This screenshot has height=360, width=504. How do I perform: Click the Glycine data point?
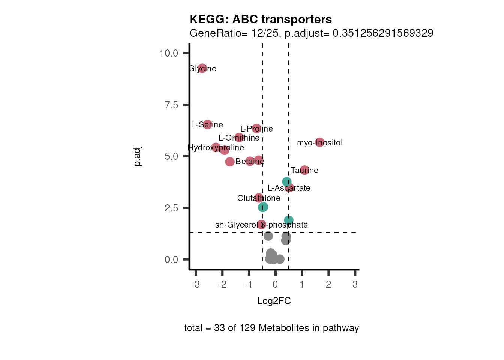click(x=202, y=68)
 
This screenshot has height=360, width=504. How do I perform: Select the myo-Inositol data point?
click(x=319, y=142)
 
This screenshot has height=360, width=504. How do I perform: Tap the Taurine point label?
click(x=304, y=171)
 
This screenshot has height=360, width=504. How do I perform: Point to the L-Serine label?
click(x=207, y=125)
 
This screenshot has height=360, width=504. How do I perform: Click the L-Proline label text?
click(x=256, y=129)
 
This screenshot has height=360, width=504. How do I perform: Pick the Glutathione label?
click(x=259, y=198)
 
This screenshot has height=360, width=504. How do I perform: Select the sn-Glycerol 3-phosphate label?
click(x=261, y=225)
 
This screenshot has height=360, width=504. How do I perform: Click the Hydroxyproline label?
click(x=216, y=148)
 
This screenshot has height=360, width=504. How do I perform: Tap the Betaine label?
click(x=250, y=162)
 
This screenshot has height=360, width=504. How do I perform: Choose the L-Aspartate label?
click(x=289, y=188)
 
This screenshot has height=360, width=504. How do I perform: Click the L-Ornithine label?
click(x=239, y=138)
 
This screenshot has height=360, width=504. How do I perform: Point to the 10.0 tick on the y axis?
click(x=168, y=53)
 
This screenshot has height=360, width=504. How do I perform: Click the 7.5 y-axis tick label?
click(x=171, y=105)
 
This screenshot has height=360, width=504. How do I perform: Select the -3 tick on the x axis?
click(x=195, y=284)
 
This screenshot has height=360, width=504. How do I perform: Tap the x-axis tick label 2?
click(x=328, y=284)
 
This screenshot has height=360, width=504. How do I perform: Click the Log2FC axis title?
click(x=274, y=301)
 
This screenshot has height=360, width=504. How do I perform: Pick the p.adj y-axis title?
click(x=138, y=156)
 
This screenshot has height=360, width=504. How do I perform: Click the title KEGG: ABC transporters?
click(x=261, y=19)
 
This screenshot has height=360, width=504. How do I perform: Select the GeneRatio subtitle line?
click(x=311, y=33)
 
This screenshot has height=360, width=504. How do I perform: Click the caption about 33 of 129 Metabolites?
click(x=271, y=328)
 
